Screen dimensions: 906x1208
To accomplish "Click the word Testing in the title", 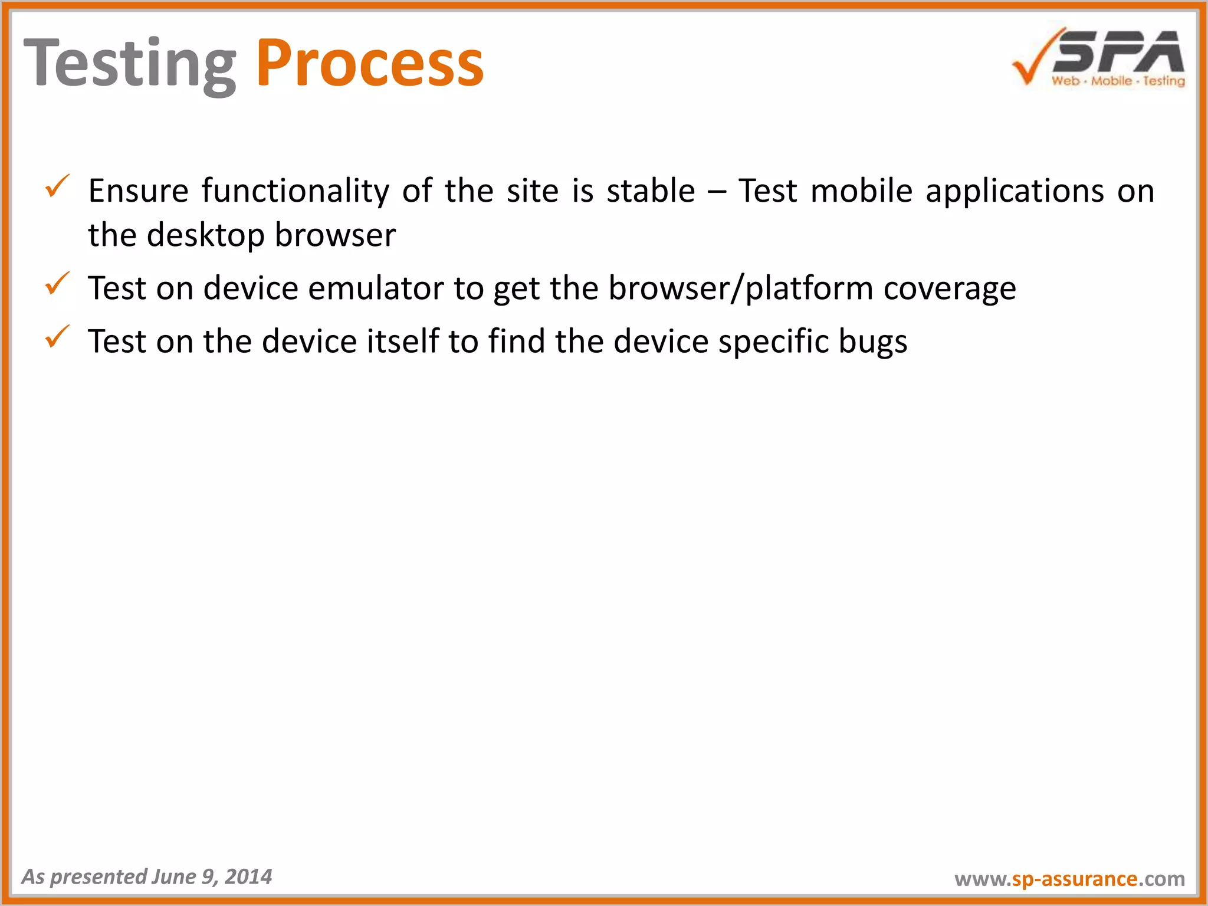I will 130,64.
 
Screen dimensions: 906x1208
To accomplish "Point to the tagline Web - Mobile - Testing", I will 1118,81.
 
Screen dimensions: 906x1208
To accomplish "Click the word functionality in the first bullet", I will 295,191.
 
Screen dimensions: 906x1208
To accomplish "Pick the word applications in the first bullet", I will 1015,191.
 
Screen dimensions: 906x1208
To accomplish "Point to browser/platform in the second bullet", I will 740,288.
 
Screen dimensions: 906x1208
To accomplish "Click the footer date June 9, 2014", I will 211,877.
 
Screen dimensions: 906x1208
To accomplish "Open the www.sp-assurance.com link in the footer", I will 1069,878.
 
